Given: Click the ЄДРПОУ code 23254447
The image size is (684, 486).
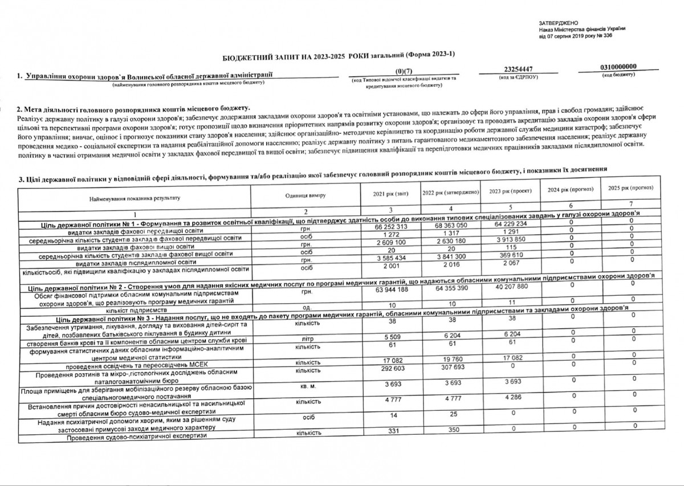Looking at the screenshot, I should (518, 70).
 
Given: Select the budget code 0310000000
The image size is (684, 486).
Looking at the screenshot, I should (619, 67).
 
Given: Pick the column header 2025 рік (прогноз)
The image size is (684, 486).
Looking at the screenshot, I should (630, 187).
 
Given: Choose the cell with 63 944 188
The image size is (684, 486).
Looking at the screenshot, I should (392, 290).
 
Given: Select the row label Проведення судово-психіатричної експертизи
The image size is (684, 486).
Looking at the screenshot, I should (136, 437).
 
